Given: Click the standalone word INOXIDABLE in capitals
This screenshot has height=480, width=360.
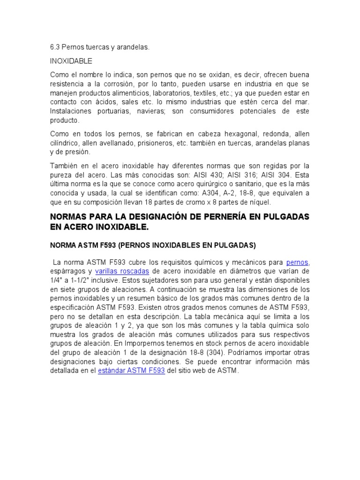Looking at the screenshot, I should tap(71, 61).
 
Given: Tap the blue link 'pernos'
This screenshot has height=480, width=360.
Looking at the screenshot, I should tap(298, 262).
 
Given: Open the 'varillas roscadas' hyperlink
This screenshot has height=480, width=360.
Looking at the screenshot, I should tap(122, 271).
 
